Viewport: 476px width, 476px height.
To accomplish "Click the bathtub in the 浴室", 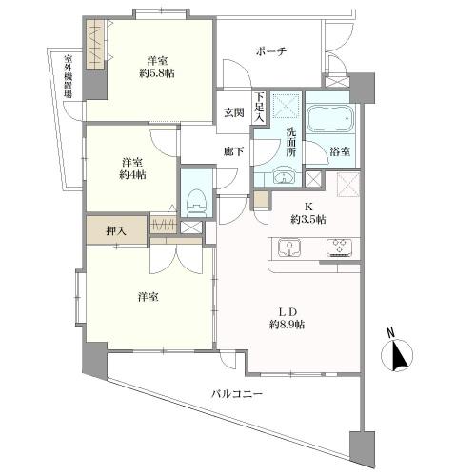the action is point(330,118).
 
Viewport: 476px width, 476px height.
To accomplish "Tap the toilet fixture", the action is point(196,204).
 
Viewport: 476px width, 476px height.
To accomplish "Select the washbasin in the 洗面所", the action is point(284,177).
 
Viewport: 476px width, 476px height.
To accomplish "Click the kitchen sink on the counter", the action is point(289,248).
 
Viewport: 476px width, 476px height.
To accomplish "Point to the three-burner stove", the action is point(339,248).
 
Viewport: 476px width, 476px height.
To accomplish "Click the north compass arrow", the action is point(398,355).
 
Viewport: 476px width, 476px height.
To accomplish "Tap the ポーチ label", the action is point(271,51).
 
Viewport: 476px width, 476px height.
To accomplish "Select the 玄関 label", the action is point(234,112).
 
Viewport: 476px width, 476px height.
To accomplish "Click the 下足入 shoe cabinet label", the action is point(259,107).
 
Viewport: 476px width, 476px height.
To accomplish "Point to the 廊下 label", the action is point(234,151).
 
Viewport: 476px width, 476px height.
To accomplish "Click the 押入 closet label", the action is point(116,231).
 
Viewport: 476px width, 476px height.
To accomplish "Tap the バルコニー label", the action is point(237,394).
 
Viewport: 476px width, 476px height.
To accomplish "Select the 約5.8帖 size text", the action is point(157,73).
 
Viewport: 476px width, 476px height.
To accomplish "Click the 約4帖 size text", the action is point(132,175).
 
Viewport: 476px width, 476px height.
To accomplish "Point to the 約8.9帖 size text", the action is point(288,325).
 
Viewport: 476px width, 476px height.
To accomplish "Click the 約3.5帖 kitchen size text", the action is point(308,219).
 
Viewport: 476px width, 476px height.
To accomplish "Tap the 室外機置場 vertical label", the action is point(68,76).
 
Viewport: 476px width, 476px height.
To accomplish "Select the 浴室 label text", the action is point(340,151).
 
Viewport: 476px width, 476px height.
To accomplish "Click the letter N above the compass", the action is point(390,334).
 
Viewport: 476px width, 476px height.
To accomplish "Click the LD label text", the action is point(288,311).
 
